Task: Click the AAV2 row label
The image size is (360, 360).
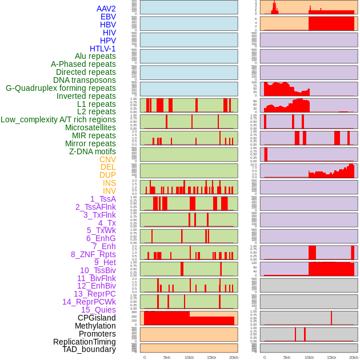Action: tap(106, 9)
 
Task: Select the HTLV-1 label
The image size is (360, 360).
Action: tap(102, 49)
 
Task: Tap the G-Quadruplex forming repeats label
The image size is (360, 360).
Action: tap(61, 88)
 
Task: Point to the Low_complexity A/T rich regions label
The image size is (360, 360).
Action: tap(58, 119)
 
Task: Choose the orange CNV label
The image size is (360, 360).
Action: tap(107, 159)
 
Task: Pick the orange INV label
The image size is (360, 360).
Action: tap(109, 191)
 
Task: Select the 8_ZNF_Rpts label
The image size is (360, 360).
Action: tap(93, 254)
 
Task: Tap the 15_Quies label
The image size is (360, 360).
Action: tap(98, 310)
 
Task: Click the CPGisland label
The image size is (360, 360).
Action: tap(97, 318)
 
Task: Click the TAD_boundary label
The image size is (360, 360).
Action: tap(89, 349)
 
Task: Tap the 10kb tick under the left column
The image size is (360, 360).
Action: tap(189, 357)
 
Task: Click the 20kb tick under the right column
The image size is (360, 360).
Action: tap(353, 357)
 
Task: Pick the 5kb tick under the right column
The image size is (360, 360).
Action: tap(286, 357)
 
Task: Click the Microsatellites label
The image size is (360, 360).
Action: tap(90, 127)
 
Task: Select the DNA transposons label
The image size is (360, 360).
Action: tap(85, 80)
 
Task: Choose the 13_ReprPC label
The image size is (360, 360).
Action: tap(94, 294)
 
